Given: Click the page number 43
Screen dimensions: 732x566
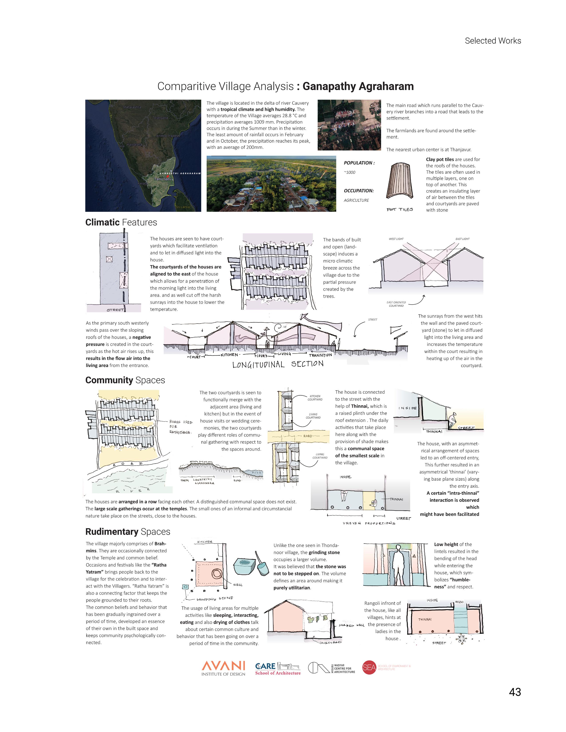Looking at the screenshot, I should tap(515, 692).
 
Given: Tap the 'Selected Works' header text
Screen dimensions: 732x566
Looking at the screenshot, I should tap(493, 41).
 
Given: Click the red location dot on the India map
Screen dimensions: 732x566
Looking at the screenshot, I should tap(168, 176).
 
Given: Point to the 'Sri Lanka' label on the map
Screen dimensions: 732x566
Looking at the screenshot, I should tap(183, 207).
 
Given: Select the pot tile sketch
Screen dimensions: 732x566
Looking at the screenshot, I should tap(400, 183).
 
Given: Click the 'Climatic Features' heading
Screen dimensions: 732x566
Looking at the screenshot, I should tap(121, 222).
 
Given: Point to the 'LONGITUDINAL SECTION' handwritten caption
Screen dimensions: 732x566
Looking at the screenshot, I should tap(278, 364).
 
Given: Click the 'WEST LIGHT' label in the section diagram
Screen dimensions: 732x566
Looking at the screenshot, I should tap(396, 239).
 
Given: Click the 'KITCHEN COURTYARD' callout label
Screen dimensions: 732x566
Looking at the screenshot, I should tap(315, 398).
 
